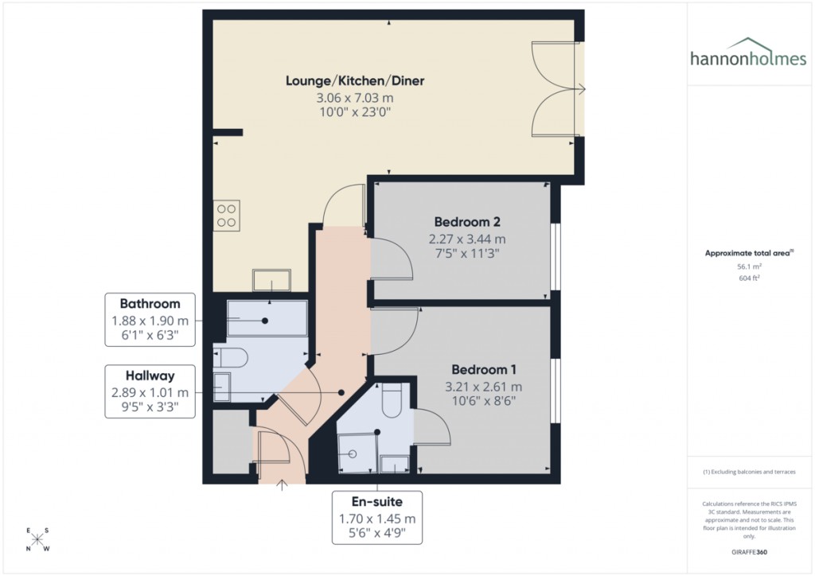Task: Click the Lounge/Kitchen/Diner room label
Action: point(355,80)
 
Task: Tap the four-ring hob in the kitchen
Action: point(227,215)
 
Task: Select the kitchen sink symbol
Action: point(271,280)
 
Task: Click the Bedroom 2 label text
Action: point(467,221)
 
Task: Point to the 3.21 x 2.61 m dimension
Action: point(483,387)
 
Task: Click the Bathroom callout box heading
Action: point(150,303)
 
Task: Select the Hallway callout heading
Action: point(150,376)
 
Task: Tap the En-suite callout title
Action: point(377,501)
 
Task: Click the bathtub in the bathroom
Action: point(266,318)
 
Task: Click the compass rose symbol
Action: point(38,539)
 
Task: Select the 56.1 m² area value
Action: point(747,267)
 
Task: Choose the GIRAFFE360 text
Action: point(747,551)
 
